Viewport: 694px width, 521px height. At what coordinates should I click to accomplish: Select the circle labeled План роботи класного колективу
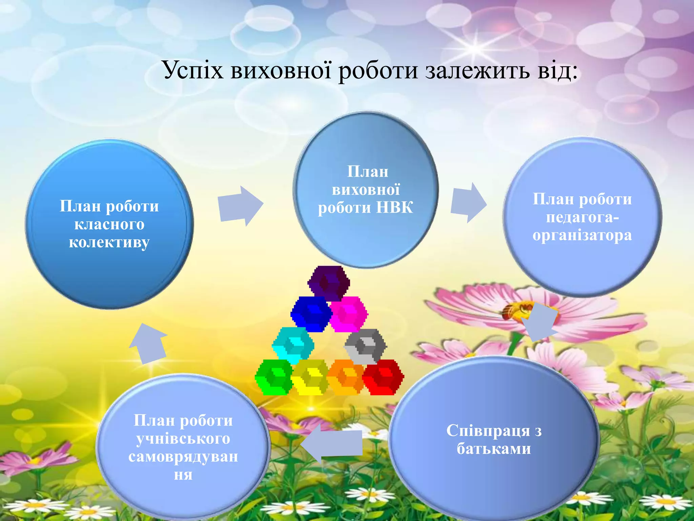coord(109,224)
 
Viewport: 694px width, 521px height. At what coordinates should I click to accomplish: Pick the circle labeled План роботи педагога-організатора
coord(582,217)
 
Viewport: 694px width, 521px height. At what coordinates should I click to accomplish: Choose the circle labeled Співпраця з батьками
coord(494,440)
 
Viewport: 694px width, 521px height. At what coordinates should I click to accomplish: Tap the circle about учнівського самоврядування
coord(183,447)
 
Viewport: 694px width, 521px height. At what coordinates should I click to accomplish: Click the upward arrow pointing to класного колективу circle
coord(148,343)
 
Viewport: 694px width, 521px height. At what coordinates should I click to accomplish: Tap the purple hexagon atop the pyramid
coord(328,283)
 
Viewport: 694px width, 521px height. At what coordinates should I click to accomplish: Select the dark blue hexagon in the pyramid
coord(311,313)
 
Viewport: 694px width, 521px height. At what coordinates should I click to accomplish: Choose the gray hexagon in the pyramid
coord(366,346)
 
